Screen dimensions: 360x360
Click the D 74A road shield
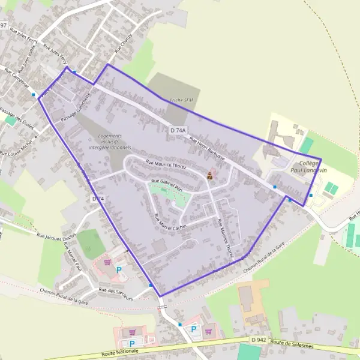coord(177,130)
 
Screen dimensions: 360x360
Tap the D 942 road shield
coord(259,340)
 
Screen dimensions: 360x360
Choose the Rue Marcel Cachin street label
coord(171,219)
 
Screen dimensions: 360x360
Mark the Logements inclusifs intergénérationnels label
coord(110,141)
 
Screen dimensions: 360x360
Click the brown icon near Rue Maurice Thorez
coord(209,175)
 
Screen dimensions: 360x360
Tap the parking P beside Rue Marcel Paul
coord(118,271)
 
